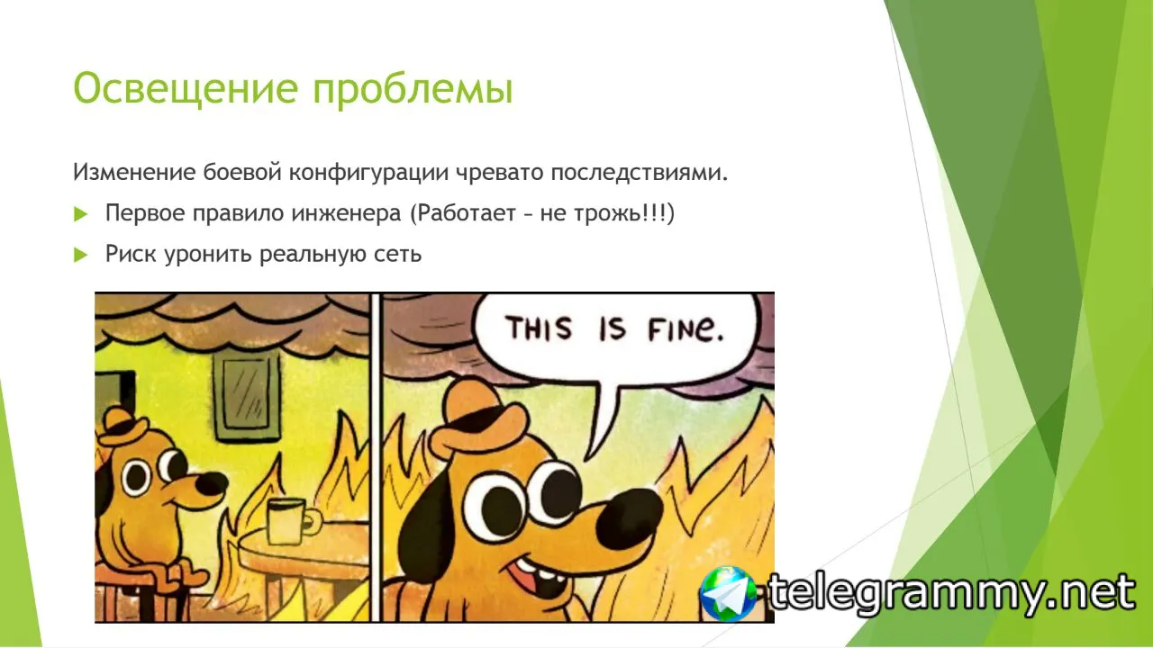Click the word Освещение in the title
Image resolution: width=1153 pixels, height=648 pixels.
tap(186, 89)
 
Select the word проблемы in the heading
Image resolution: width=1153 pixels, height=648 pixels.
tap(413, 91)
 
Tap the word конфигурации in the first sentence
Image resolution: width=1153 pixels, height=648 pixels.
tap(368, 173)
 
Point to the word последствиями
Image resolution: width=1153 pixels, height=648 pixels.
tap(640, 172)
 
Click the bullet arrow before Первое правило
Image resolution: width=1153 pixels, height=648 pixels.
tap(81, 214)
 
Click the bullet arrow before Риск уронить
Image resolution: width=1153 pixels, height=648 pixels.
tap(81, 255)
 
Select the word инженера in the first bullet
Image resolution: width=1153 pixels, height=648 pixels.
tap(346, 213)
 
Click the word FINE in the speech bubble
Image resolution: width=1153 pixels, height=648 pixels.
tap(685, 329)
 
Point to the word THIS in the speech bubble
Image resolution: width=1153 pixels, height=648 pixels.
tap(539, 328)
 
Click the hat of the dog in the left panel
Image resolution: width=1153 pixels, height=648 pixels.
tap(123, 427)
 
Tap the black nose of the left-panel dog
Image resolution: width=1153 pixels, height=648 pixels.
tap(212, 484)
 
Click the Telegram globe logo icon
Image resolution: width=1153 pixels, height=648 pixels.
tap(728, 593)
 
